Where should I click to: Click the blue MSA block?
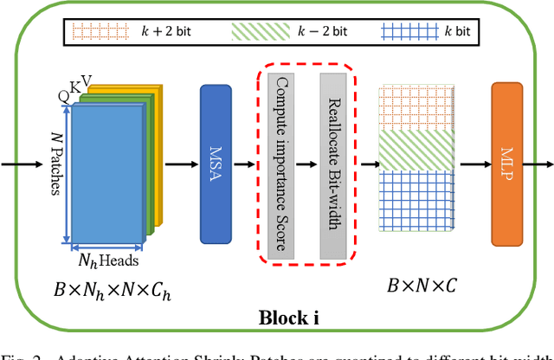coord(215,164)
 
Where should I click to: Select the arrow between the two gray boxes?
coord(306,163)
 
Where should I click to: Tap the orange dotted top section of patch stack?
coord(415,107)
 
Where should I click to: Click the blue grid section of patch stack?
coord(415,204)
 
